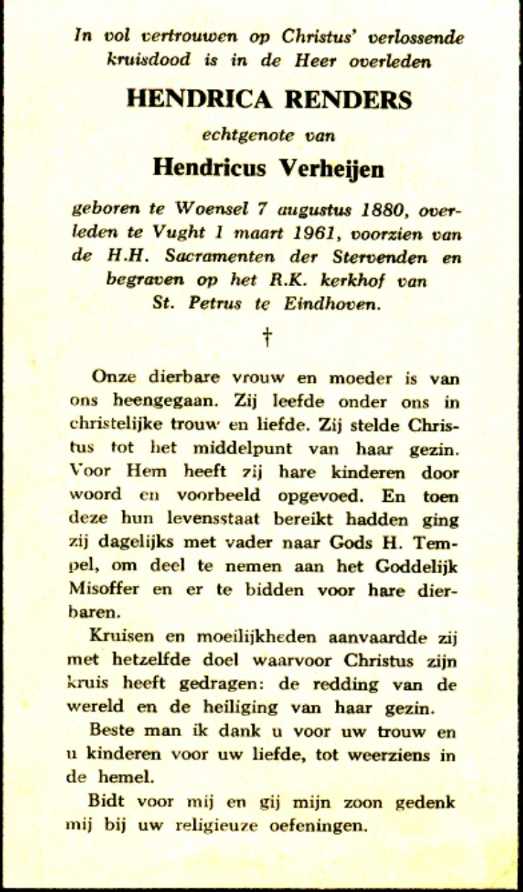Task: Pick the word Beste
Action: [x=112, y=733]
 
